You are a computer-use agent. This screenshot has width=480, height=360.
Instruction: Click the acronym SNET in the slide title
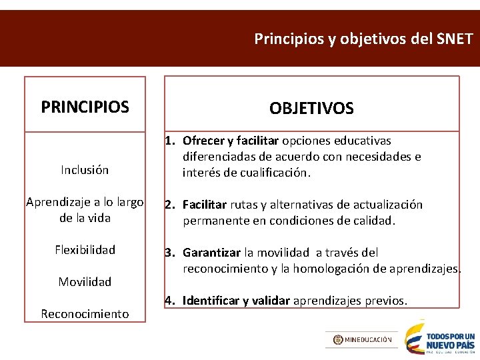pyautogui.click(x=453, y=39)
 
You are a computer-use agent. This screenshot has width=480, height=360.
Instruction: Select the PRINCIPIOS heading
pyautogui.click(x=85, y=107)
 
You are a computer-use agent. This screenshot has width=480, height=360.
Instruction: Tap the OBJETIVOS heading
pyautogui.click(x=311, y=108)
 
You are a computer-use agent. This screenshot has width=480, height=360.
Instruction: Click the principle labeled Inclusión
pyautogui.click(x=85, y=170)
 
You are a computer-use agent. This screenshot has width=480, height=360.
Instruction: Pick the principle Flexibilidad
pyautogui.click(x=85, y=250)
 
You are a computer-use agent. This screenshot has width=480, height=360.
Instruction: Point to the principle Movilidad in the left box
pyautogui.click(x=85, y=282)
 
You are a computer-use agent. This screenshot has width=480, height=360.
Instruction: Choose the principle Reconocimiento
pyautogui.click(x=85, y=313)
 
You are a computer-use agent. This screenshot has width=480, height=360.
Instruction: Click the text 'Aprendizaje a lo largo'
pyautogui.click(x=85, y=203)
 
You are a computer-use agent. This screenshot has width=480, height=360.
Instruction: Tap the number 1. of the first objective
pyautogui.click(x=171, y=141)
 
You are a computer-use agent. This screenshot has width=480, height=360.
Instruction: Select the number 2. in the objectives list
pyautogui.click(x=171, y=205)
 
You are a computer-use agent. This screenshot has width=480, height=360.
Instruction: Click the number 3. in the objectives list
pyautogui.click(x=171, y=253)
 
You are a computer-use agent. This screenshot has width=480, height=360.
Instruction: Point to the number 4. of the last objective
pyautogui.click(x=171, y=301)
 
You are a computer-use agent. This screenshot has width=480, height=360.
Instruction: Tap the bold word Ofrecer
pyautogui.click(x=203, y=141)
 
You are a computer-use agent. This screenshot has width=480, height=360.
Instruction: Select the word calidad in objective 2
pyautogui.click(x=375, y=221)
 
